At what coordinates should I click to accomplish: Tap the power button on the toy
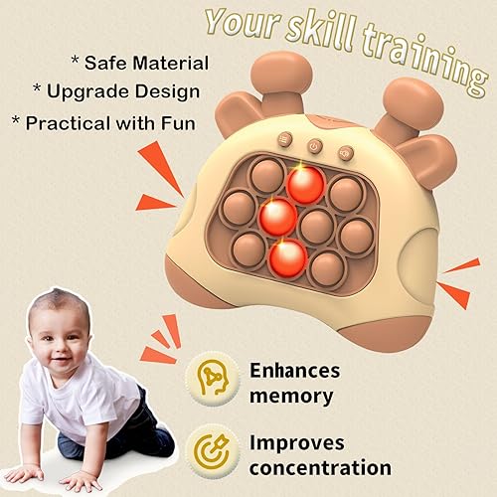(314, 146)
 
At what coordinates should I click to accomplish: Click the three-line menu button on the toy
(284, 140)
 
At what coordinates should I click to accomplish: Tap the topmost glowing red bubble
(305, 184)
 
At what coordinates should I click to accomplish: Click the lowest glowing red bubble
(287, 257)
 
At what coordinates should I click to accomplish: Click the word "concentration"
(320, 467)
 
